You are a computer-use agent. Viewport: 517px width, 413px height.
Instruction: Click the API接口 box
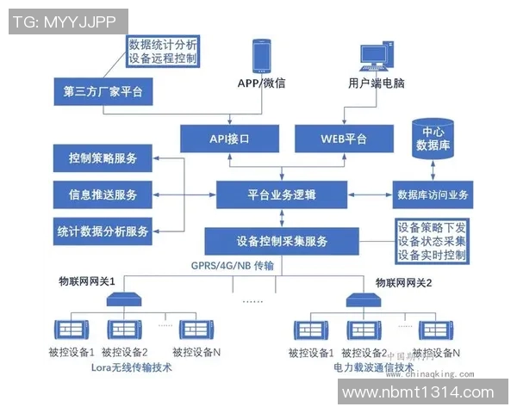tap(228, 138)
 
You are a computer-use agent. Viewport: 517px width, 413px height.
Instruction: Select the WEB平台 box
tap(345, 138)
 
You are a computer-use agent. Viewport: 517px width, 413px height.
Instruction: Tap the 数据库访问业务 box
tap(431, 194)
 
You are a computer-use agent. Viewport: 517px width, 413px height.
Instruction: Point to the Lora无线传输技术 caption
tap(131, 368)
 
